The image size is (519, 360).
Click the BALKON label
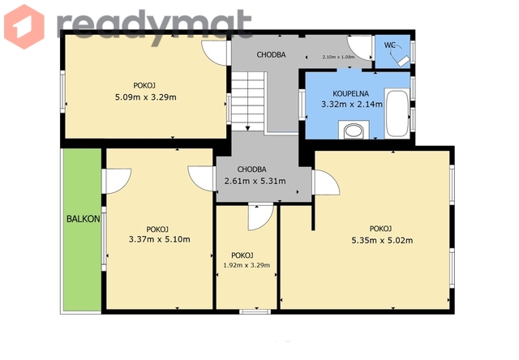tap(83, 219)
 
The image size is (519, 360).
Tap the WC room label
tap(389, 45)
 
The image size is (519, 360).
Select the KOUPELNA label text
tap(350, 93)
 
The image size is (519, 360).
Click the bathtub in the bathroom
tap(397, 113)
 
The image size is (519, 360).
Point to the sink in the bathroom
tap(354, 131)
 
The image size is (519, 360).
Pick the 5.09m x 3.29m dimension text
tap(146, 97)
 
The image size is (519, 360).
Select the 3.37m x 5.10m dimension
tap(160, 239)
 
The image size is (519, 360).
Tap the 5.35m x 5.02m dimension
tap(382, 240)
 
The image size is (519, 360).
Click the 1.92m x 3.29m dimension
tap(247, 265)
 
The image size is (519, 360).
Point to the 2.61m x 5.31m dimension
tap(255, 181)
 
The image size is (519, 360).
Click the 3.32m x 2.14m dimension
tap(352, 105)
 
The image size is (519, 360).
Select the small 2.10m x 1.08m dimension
tap(338, 57)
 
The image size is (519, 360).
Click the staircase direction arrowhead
tap(247, 128)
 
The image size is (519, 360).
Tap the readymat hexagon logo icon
tap(24, 27)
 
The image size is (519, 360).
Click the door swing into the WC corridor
tap(359, 48)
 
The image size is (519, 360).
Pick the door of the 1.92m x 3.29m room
tap(261, 217)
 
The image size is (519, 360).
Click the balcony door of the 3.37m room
tap(116, 181)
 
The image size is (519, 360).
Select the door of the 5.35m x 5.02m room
tap(326, 182)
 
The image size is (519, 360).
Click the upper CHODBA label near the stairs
tap(271, 55)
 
